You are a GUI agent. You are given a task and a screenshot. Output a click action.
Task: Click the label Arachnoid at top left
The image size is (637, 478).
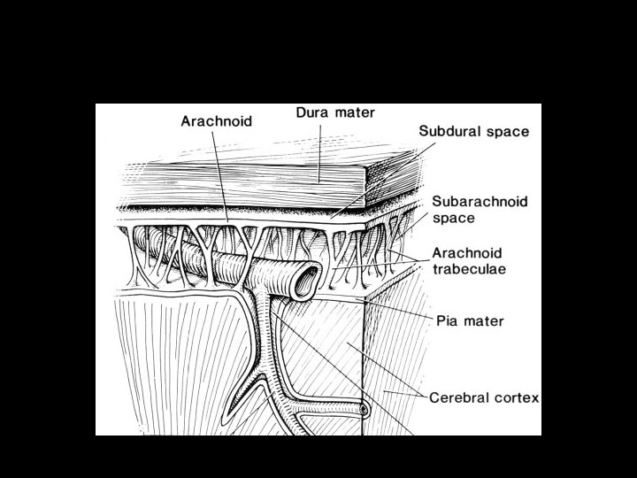pyautogui.click(x=216, y=121)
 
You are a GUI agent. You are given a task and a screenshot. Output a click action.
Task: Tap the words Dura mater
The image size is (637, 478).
pyautogui.click(x=334, y=113)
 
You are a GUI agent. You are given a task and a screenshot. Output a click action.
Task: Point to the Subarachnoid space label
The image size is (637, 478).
pyautogui.click(x=480, y=209)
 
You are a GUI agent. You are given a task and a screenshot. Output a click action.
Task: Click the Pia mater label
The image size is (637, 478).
pyautogui.click(x=470, y=320)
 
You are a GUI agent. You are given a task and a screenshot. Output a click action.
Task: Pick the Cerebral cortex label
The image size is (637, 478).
pyautogui.click(x=484, y=397)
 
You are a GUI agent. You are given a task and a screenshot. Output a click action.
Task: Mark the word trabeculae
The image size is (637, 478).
pyautogui.click(x=469, y=269)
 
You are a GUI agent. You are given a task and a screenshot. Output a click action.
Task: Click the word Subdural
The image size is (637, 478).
pyautogui.click(x=449, y=132)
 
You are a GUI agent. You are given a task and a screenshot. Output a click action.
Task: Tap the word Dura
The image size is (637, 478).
pyautogui.click(x=312, y=113)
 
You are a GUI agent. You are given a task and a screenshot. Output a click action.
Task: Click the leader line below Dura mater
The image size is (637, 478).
pyautogui.click(x=319, y=150)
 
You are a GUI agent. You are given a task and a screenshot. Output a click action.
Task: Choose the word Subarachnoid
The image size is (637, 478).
pyautogui.click(x=480, y=202)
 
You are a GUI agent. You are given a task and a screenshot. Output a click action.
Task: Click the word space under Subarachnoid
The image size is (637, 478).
pyautogui.click(x=454, y=218)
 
